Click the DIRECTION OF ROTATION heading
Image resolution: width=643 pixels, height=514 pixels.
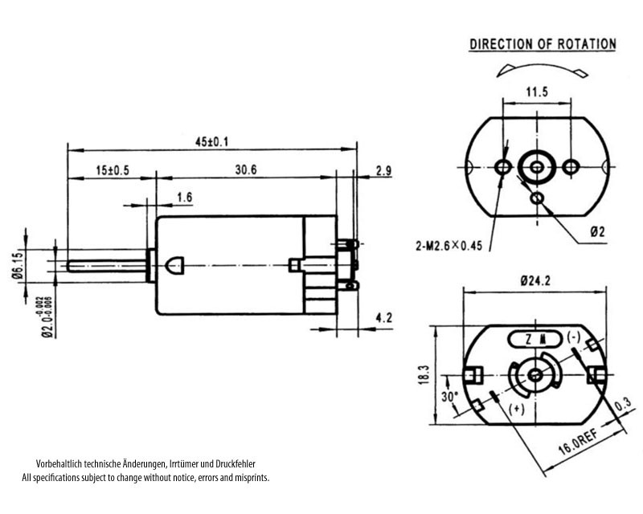click(x=543, y=44)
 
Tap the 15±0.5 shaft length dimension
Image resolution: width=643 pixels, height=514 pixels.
click(x=112, y=170)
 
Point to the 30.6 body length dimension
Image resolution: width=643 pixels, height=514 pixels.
click(x=246, y=170)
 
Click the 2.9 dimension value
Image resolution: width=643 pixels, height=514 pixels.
click(x=383, y=170)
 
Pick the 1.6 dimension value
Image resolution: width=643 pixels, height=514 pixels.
click(x=184, y=197)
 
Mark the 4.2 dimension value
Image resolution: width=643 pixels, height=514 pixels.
click(x=383, y=319)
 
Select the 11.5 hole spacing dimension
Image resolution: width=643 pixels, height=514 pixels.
click(x=537, y=92)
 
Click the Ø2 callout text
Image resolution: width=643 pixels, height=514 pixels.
click(x=597, y=231)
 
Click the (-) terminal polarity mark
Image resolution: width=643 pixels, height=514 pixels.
click(x=574, y=337)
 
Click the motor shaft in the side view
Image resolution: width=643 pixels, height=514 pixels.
click(x=109, y=265)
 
